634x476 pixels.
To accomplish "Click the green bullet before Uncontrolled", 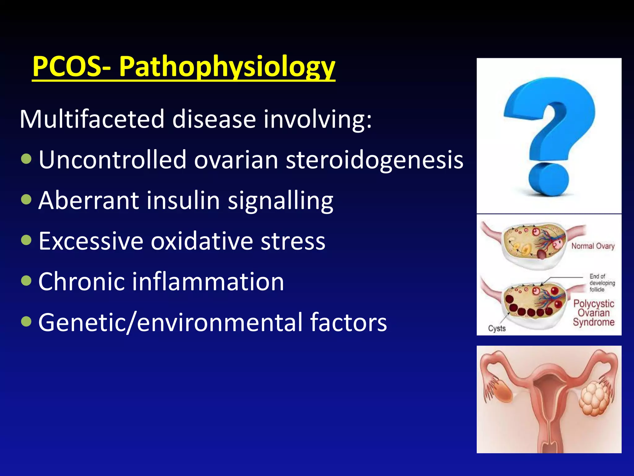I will [27, 159].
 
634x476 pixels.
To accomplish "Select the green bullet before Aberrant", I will [27, 200].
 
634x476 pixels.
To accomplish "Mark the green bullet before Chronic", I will [27, 281].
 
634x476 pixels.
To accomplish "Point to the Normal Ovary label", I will [593, 246].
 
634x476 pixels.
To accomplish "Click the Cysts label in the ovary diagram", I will [497, 328].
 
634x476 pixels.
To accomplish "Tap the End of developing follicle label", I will [601, 283].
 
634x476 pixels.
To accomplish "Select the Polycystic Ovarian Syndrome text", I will [593, 313].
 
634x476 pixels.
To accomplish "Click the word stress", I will [293, 241].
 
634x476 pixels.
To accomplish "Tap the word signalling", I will [280, 201].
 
